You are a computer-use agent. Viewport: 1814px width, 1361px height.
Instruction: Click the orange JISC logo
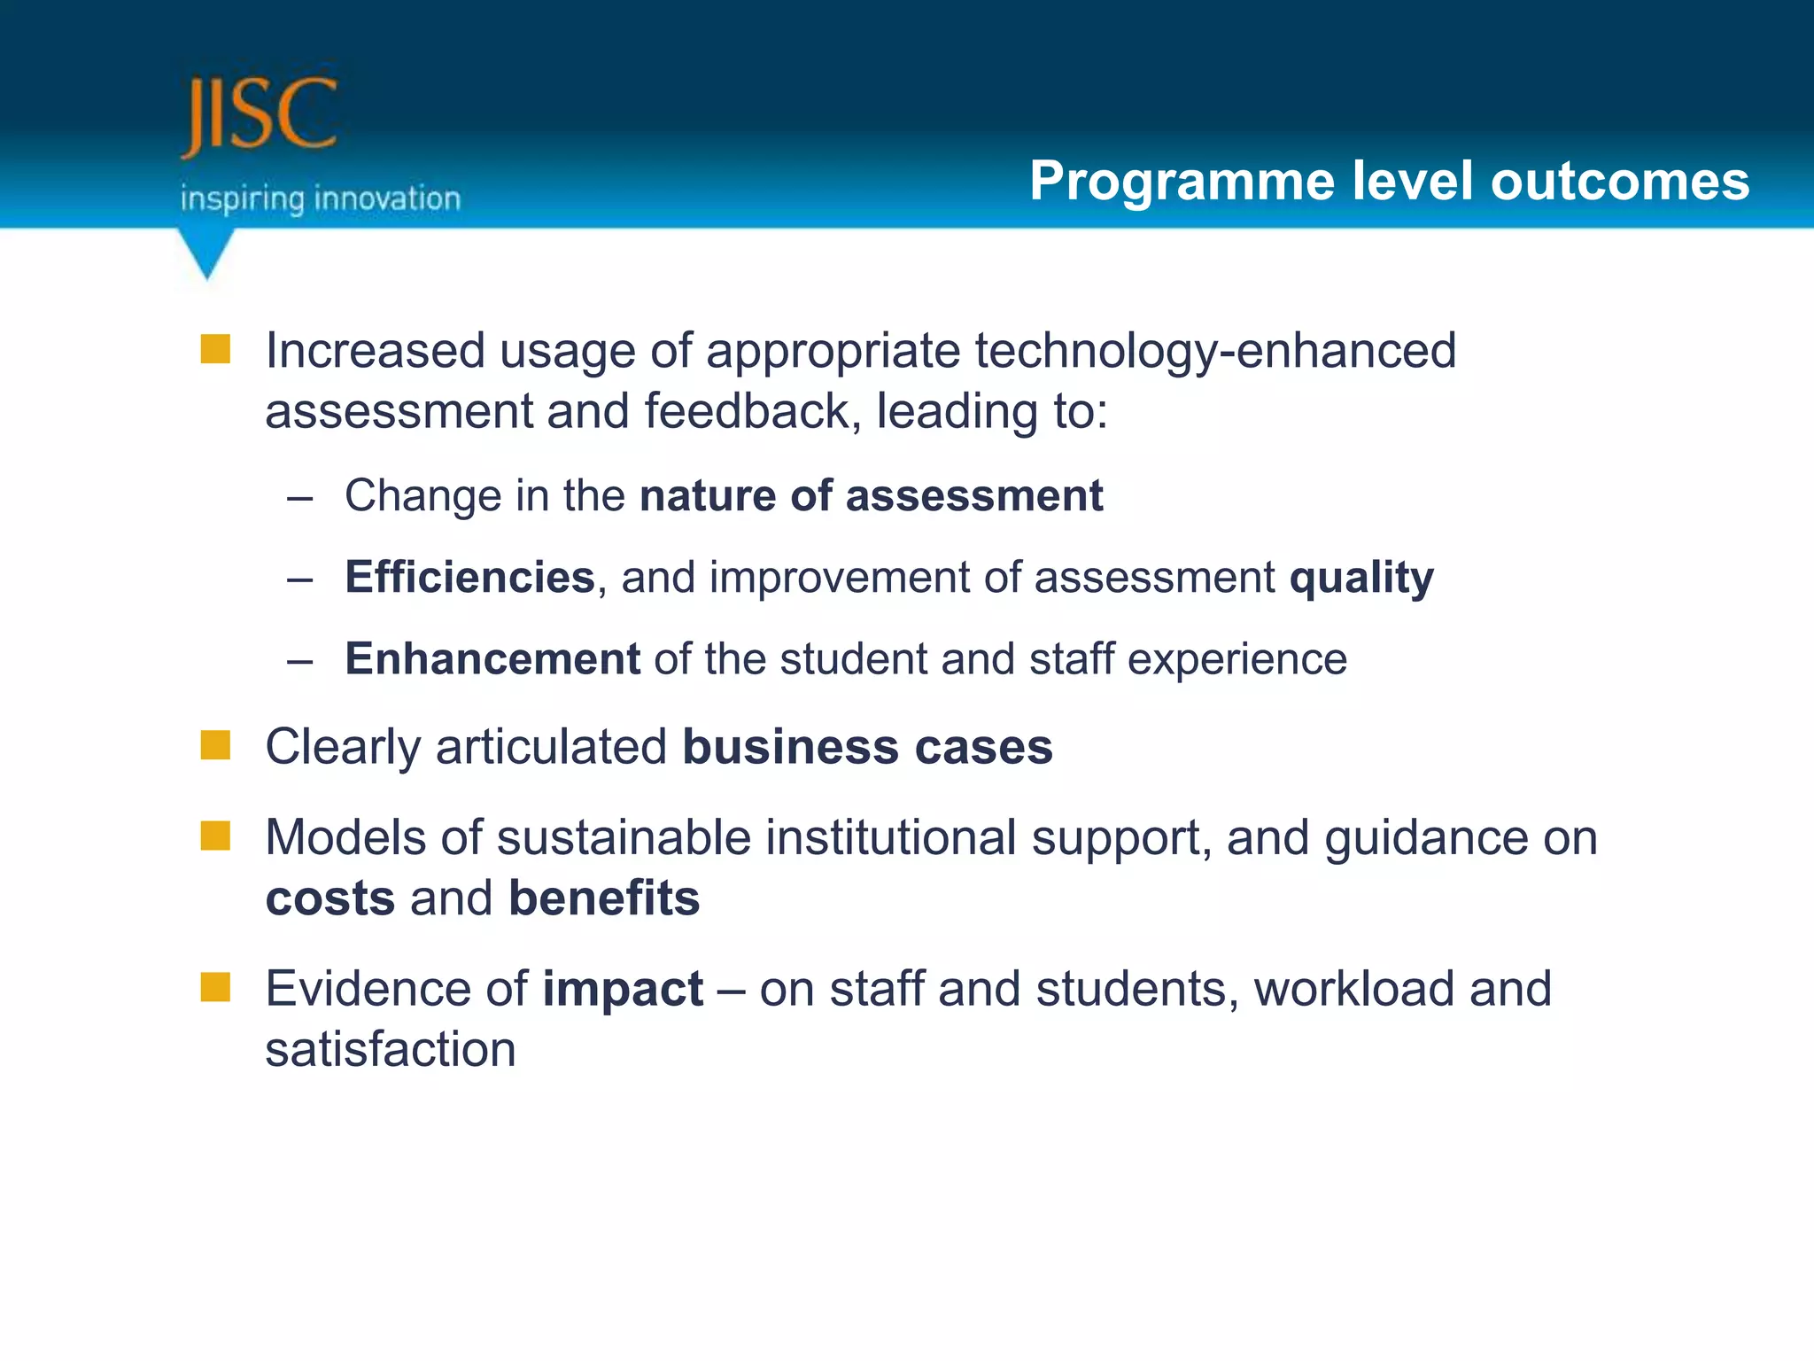point(259,115)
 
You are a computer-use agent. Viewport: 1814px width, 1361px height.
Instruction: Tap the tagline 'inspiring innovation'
point(321,198)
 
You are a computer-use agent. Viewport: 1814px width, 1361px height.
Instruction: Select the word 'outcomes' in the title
point(1619,182)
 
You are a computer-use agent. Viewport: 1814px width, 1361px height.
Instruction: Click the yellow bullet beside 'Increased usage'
point(215,349)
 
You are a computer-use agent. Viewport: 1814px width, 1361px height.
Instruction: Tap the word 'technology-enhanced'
point(1215,351)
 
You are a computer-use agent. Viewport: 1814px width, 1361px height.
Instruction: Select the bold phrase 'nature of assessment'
point(872,495)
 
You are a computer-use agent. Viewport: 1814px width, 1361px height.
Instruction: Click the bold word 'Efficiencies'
point(469,578)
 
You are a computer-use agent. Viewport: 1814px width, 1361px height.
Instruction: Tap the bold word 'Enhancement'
point(492,659)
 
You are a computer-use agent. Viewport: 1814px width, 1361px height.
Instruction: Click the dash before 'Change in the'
point(300,498)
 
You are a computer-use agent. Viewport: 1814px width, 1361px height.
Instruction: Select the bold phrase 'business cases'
point(867,747)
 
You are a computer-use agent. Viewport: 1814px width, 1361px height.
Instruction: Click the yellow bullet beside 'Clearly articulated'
point(215,745)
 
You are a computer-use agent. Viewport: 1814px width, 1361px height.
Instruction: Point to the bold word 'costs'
point(330,899)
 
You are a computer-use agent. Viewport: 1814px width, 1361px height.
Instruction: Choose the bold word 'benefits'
point(604,898)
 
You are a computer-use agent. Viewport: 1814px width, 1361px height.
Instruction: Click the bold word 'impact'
point(623,990)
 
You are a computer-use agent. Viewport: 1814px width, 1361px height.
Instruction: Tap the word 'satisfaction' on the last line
point(391,1050)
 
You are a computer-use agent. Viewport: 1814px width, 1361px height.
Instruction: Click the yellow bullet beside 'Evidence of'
point(215,987)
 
